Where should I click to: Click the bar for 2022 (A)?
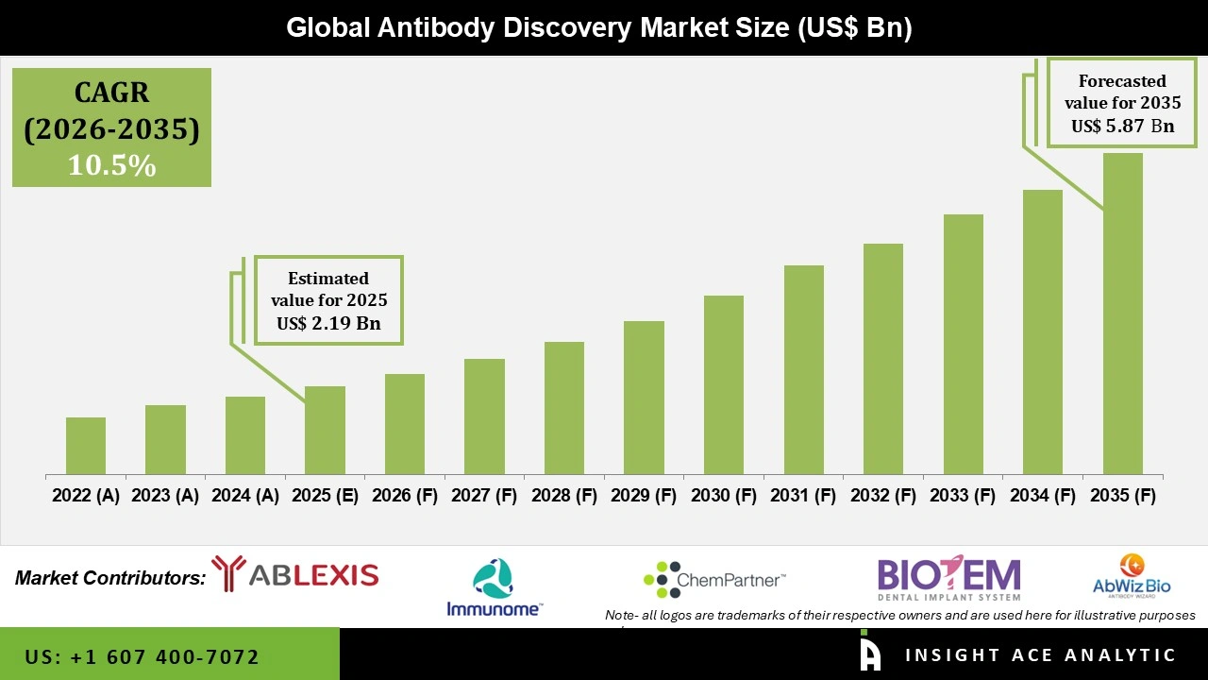point(86,446)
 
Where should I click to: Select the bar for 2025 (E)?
point(325,430)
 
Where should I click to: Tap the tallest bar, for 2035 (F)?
point(1122,314)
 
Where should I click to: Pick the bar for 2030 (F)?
point(724,384)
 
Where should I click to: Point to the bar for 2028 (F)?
point(564,408)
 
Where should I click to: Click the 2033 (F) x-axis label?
point(963,496)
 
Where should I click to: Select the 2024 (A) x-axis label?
point(244,496)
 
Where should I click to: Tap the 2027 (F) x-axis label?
point(484,496)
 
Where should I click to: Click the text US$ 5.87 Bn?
point(1122,126)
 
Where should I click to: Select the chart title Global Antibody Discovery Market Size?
point(598,28)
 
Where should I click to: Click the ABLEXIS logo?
point(294,574)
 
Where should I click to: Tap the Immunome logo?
point(494,587)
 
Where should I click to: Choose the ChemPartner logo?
point(713,579)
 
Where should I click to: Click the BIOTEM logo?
point(948,577)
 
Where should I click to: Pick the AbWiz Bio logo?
point(1132,576)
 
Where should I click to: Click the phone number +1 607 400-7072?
point(143,656)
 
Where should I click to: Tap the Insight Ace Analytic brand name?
point(1040,655)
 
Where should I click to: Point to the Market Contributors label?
point(109,578)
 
